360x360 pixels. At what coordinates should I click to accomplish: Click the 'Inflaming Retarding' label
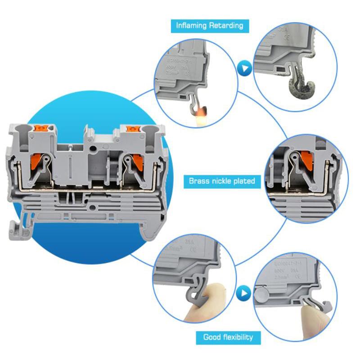[210, 26]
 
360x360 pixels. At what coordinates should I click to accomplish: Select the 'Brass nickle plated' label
[222, 181]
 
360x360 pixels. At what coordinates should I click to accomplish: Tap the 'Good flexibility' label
[228, 337]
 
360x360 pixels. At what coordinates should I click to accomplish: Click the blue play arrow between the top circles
[244, 70]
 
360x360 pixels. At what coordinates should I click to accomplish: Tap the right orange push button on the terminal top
[132, 129]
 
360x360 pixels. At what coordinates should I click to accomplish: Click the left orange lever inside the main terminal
[38, 161]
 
